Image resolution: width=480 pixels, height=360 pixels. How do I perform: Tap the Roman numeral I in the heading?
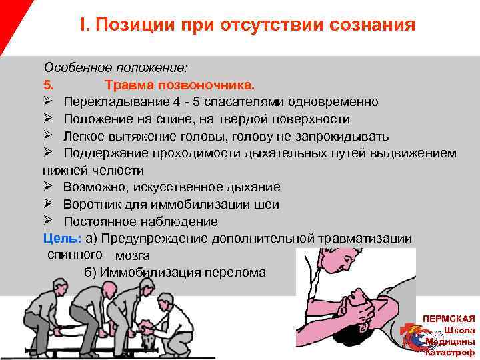pyautogui.click(x=83, y=25)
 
